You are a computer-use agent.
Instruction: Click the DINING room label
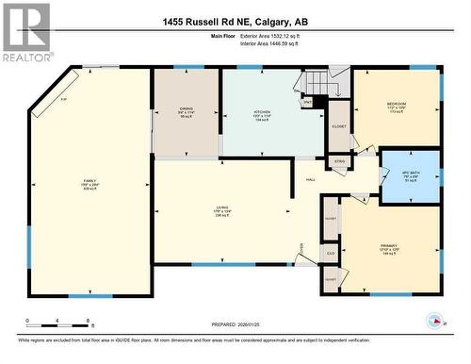coord(187,110)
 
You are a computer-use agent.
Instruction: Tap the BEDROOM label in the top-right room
coord(396,106)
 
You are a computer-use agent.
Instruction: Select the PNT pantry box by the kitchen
coord(308,101)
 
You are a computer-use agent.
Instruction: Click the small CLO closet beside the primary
coord(331,253)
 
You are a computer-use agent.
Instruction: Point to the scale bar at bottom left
coord(58,320)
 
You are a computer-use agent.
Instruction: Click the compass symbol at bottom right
coord(434,320)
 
